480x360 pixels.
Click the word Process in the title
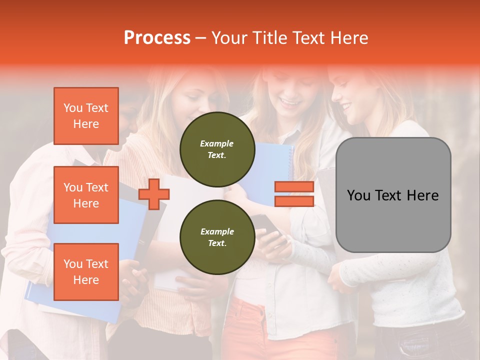[157, 38]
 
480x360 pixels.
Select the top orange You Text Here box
[86, 116]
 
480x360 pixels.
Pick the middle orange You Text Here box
[86, 195]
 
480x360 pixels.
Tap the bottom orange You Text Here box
[86, 272]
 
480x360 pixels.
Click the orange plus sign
[154, 194]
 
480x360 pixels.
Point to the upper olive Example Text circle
[217, 149]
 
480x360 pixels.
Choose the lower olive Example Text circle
[217, 237]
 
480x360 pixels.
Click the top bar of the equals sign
[294, 187]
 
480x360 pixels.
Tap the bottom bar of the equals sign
[294, 201]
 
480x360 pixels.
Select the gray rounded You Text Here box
[393, 195]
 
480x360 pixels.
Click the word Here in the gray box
[422, 195]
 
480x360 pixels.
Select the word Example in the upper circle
[217, 143]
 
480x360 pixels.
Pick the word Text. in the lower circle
[217, 243]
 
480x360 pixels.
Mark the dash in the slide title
[200, 38]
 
